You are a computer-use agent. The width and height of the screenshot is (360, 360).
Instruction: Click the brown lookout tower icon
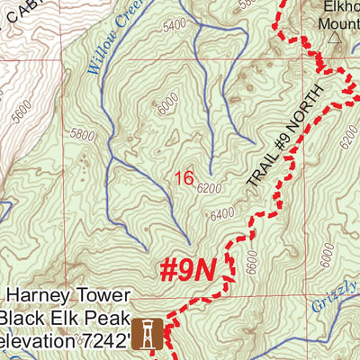pos(147,333)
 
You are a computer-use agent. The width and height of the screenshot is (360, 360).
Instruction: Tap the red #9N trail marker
pos(188,269)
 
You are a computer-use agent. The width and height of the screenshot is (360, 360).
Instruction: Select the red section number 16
pos(184,179)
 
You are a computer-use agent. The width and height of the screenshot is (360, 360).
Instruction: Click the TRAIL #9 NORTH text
pos(281,145)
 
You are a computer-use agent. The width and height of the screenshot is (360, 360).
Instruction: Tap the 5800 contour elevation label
pos(81,136)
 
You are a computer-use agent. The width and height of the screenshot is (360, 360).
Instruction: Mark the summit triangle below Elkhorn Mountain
pos(335,39)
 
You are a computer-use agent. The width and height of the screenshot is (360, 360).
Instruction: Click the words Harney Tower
pos(70,296)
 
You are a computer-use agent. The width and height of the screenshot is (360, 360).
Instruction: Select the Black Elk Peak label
pos(62,318)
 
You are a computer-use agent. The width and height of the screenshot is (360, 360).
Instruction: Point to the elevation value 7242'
pos(105,340)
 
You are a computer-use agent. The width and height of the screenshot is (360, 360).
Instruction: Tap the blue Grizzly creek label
pos(335,297)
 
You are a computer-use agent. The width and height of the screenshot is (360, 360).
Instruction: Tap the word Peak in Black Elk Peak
pos(107,318)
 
